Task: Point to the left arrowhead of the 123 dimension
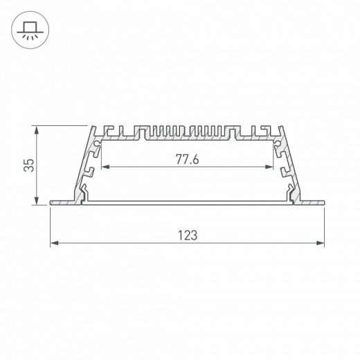(x=54, y=243)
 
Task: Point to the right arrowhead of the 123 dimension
(x=321, y=243)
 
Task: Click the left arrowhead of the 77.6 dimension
(x=105, y=167)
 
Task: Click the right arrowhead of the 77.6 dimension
(x=269, y=167)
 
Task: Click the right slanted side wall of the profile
(x=288, y=163)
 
